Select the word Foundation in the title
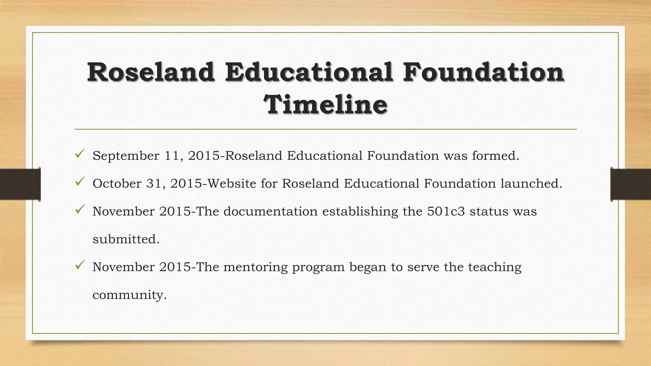(x=483, y=72)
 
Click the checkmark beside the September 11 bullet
(x=79, y=154)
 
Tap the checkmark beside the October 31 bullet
(x=79, y=182)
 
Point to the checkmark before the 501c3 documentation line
(x=79, y=210)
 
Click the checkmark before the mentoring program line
(x=79, y=265)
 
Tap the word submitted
(x=126, y=239)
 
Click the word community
(x=129, y=295)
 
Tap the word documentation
(x=271, y=211)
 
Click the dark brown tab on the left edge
(x=20, y=184)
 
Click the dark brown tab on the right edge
(x=631, y=184)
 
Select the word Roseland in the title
(x=151, y=72)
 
